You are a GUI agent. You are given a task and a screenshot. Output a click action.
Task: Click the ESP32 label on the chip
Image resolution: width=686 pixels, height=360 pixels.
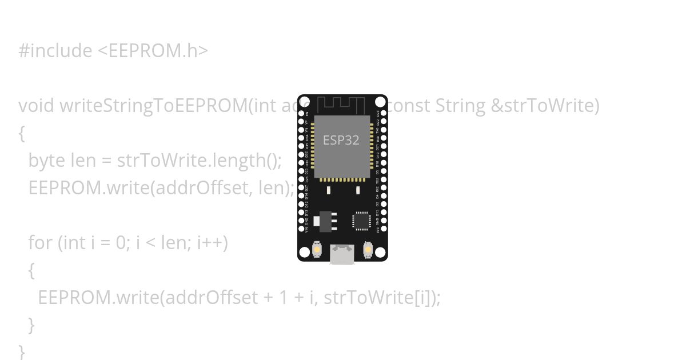point(341,140)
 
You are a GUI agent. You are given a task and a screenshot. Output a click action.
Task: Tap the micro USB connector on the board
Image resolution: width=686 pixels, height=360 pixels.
point(342,255)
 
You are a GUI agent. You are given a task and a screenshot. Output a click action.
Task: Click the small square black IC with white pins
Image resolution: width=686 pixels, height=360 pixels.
point(361,221)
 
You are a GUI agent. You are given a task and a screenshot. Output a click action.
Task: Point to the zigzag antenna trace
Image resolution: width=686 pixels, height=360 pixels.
point(341,105)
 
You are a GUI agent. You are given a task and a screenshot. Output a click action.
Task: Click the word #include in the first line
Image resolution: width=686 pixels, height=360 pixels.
point(55,51)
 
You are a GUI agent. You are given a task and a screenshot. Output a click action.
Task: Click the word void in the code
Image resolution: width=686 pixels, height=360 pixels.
point(36,106)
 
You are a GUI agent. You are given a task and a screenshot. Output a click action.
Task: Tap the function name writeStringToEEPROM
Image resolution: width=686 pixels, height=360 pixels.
point(154,106)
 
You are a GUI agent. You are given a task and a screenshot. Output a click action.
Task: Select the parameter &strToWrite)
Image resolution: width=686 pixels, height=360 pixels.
point(545,106)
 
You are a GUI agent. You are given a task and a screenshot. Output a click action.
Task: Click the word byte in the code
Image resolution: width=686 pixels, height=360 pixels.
point(46,161)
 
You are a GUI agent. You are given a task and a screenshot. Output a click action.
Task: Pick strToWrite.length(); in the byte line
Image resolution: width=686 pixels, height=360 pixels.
point(199,161)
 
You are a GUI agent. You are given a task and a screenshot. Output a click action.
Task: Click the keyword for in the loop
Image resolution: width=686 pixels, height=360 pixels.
point(40,243)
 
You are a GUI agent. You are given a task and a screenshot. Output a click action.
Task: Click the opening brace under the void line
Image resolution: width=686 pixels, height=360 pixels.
point(22,134)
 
